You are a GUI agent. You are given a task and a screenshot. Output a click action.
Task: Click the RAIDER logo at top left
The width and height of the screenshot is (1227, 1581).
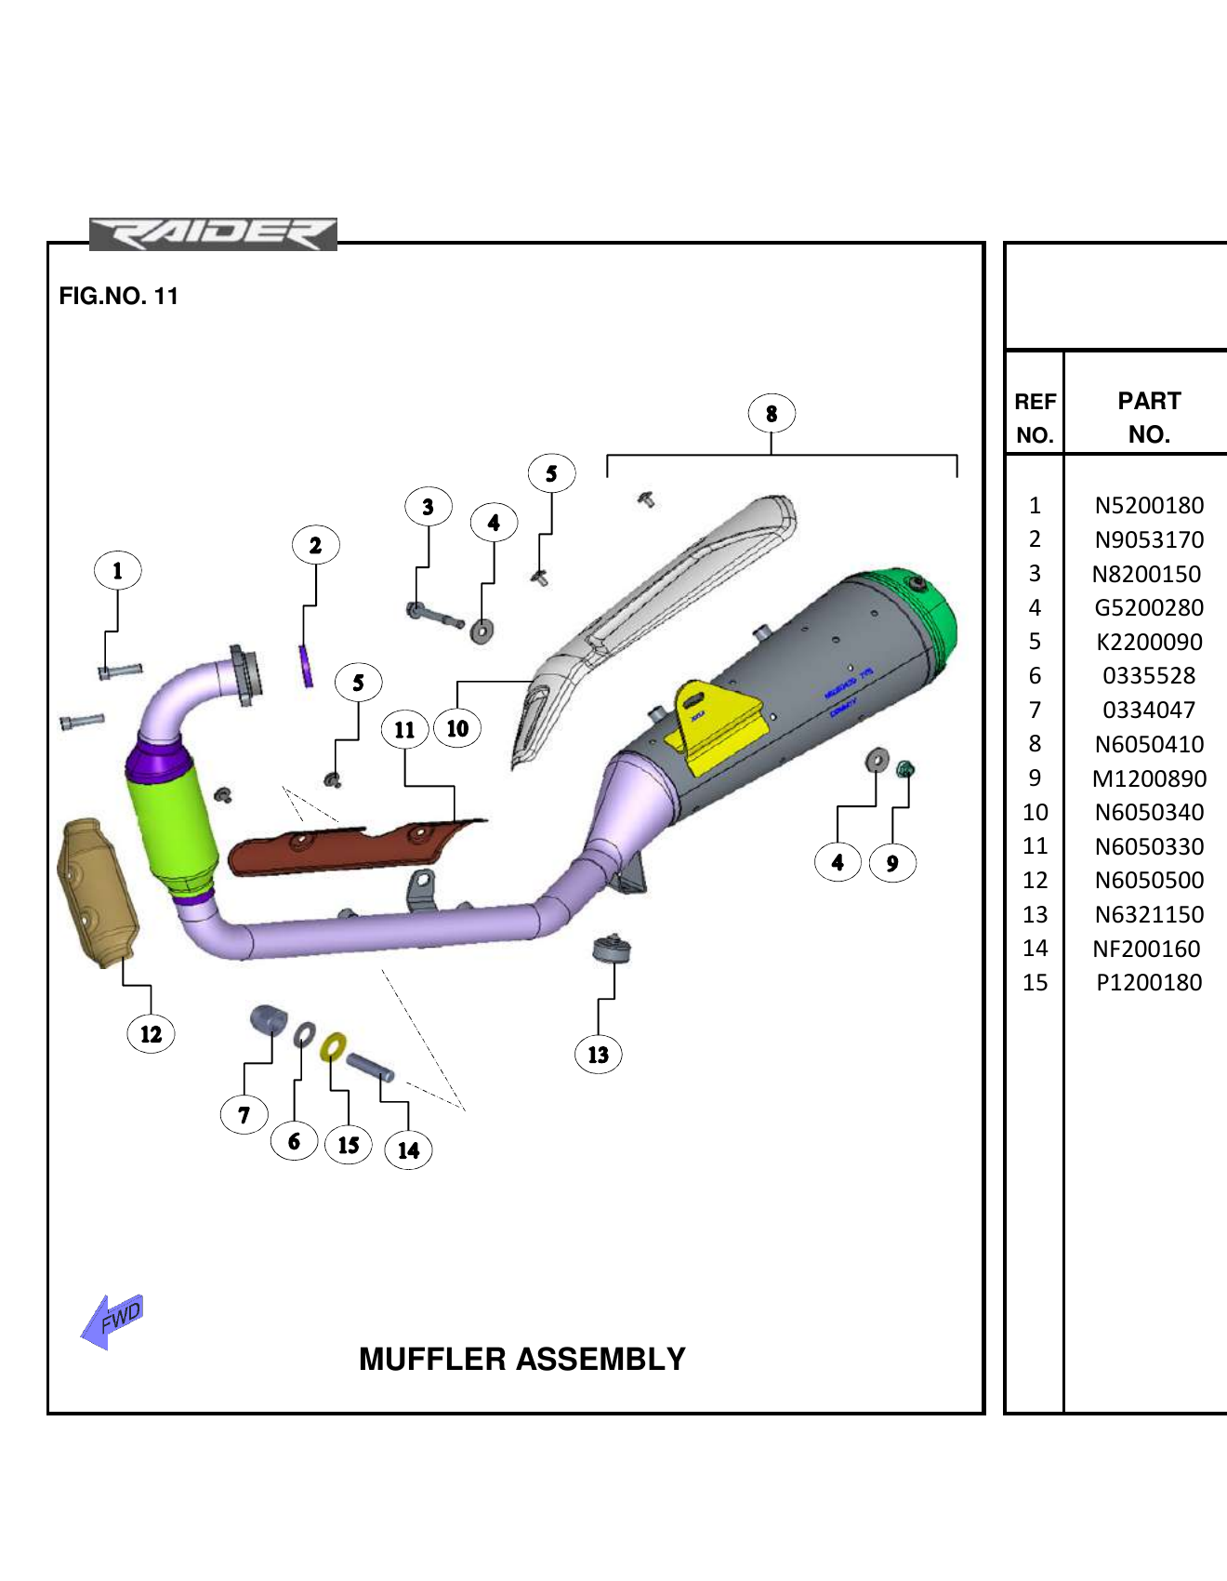(213, 234)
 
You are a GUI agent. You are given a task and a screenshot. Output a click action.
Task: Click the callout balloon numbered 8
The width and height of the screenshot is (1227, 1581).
(771, 414)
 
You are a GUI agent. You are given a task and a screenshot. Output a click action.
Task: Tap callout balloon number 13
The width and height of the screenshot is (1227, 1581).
(598, 1055)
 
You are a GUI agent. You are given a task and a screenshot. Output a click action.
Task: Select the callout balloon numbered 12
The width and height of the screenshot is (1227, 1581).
(151, 1034)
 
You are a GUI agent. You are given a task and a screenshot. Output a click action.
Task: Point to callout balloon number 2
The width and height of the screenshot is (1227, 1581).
(315, 545)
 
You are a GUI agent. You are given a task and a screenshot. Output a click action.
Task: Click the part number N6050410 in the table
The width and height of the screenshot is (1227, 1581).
(1149, 744)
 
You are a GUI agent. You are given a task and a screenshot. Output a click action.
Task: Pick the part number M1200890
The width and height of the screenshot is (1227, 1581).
(1149, 778)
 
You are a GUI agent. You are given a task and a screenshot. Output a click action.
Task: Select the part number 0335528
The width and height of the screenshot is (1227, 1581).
(1149, 676)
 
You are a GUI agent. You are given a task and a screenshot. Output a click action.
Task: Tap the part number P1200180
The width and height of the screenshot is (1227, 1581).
(1149, 982)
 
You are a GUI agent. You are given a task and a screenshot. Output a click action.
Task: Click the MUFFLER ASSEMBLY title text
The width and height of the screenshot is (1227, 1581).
(521, 1359)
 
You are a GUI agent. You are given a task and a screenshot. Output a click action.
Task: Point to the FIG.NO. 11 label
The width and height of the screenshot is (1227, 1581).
(118, 296)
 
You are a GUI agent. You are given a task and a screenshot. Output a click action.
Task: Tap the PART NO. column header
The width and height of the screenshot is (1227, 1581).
(1149, 418)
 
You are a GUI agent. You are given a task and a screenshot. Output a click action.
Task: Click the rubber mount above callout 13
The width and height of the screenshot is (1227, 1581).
(612, 949)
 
